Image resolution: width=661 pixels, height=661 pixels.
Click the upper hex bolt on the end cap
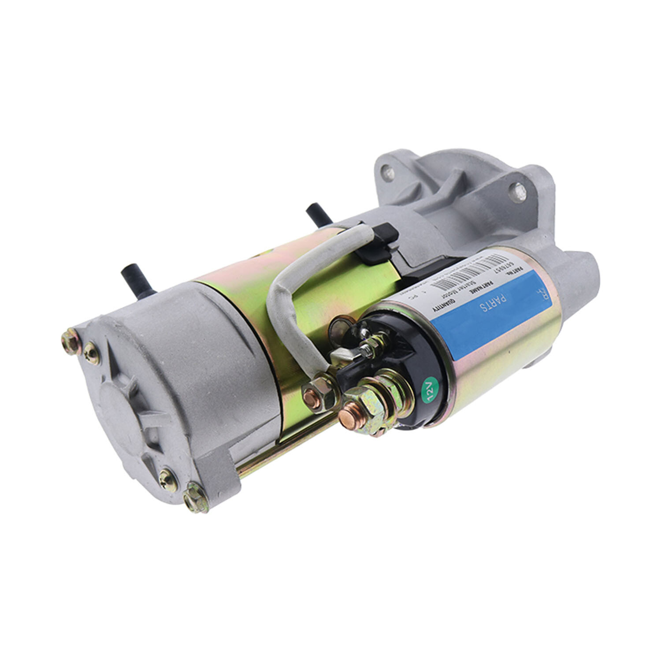point(70,342)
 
